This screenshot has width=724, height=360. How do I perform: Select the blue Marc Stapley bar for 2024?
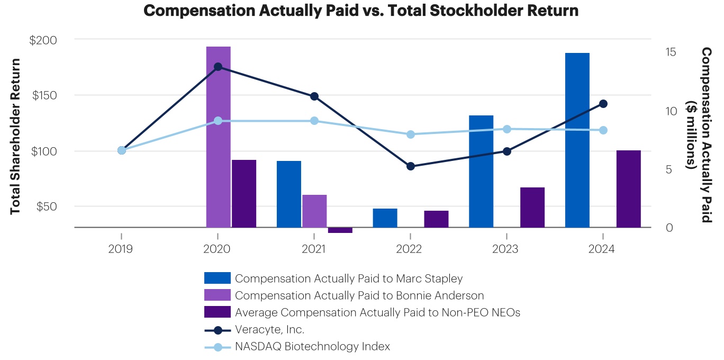pos(577,140)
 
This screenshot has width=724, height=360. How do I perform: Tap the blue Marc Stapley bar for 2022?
pos(385,218)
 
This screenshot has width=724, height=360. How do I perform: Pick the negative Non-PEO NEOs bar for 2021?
pos(340,230)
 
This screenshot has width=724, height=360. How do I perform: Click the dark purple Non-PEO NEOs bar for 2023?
pos(532,208)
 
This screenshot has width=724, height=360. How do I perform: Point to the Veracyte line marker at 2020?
pos(218,67)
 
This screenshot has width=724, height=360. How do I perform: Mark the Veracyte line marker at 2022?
pos(411,166)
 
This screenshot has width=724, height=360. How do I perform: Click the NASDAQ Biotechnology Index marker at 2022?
pos(411,134)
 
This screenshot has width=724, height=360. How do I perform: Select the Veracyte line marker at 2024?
pos(603,104)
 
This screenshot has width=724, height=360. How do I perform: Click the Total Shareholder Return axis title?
pos(15,136)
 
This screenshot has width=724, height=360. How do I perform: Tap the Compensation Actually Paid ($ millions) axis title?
pos(699,134)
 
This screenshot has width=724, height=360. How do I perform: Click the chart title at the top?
pos(361,11)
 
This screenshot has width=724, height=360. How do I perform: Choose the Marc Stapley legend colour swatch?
pos(217,278)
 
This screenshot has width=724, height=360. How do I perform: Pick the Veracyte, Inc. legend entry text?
pos(269,329)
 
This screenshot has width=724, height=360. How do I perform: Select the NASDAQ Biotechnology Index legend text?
pos(312,347)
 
